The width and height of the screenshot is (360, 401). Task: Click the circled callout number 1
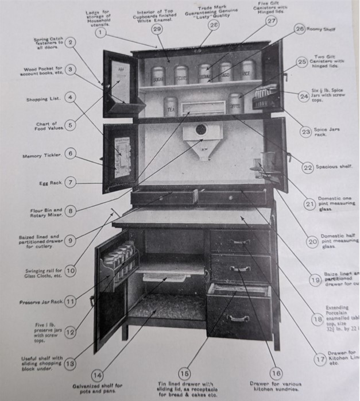click(x=101, y=33)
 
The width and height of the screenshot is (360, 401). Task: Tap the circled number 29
click(x=157, y=29)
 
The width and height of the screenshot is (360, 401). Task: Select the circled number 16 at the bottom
click(x=275, y=373)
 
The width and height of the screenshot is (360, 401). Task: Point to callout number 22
click(x=307, y=167)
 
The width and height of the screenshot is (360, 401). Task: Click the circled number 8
click(x=70, y=211)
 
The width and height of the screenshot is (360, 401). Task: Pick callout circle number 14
click(x=98, y=375)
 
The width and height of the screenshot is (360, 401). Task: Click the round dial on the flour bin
click(x=200, y=129)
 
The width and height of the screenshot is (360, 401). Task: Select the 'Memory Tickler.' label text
click(x=40, y=156)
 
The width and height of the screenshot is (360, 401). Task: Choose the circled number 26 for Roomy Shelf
click(x=300, y=29)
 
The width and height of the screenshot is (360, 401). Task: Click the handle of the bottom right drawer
click(x=236, y=318)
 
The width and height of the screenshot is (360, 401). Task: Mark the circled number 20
click(x=312, y=242)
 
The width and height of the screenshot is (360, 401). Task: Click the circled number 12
click(x=70, y=331)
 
